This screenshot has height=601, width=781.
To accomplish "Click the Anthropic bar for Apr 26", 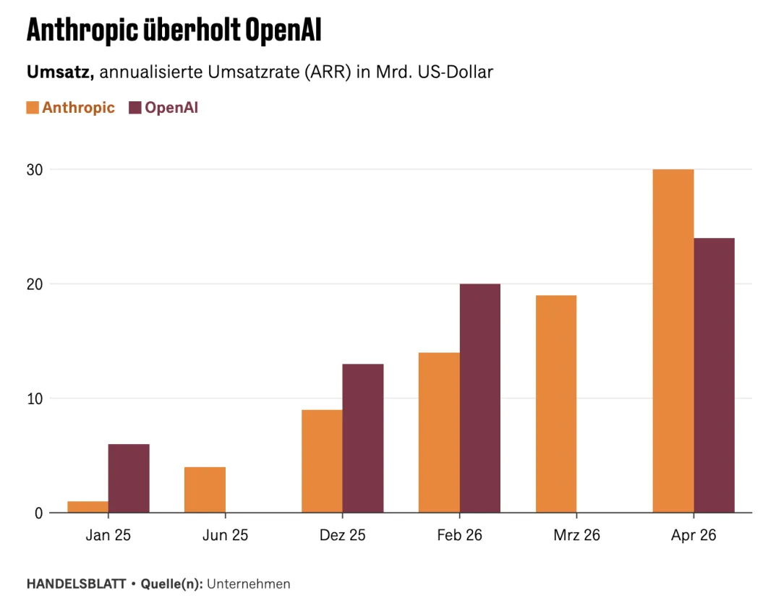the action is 673,341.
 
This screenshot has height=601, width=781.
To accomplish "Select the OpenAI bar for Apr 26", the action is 714,375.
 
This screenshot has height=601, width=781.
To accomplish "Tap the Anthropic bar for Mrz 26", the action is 556,404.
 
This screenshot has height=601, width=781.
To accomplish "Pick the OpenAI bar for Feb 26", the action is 479,398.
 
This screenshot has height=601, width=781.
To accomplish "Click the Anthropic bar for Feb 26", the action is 439,432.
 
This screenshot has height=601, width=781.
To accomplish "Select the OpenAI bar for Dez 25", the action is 362,438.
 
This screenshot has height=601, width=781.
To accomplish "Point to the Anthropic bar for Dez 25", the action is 322,461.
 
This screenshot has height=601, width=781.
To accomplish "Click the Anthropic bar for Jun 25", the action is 205,490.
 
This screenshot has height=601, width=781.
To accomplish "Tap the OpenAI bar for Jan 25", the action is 129,478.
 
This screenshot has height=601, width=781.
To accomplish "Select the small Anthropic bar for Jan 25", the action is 88,507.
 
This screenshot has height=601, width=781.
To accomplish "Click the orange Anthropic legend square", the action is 33,108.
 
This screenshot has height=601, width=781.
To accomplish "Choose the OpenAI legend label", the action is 171,108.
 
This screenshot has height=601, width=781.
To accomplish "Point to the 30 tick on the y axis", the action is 35,169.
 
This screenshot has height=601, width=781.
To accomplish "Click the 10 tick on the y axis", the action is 35,398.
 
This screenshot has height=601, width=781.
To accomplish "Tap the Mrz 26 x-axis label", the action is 577,535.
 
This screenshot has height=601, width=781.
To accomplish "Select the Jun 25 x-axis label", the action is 225,535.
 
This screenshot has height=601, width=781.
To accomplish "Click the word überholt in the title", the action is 192,30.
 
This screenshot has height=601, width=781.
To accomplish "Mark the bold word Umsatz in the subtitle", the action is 60,72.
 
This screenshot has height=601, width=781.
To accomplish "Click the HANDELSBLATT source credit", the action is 76,584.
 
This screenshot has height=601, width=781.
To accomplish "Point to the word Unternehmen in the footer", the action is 249,584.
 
